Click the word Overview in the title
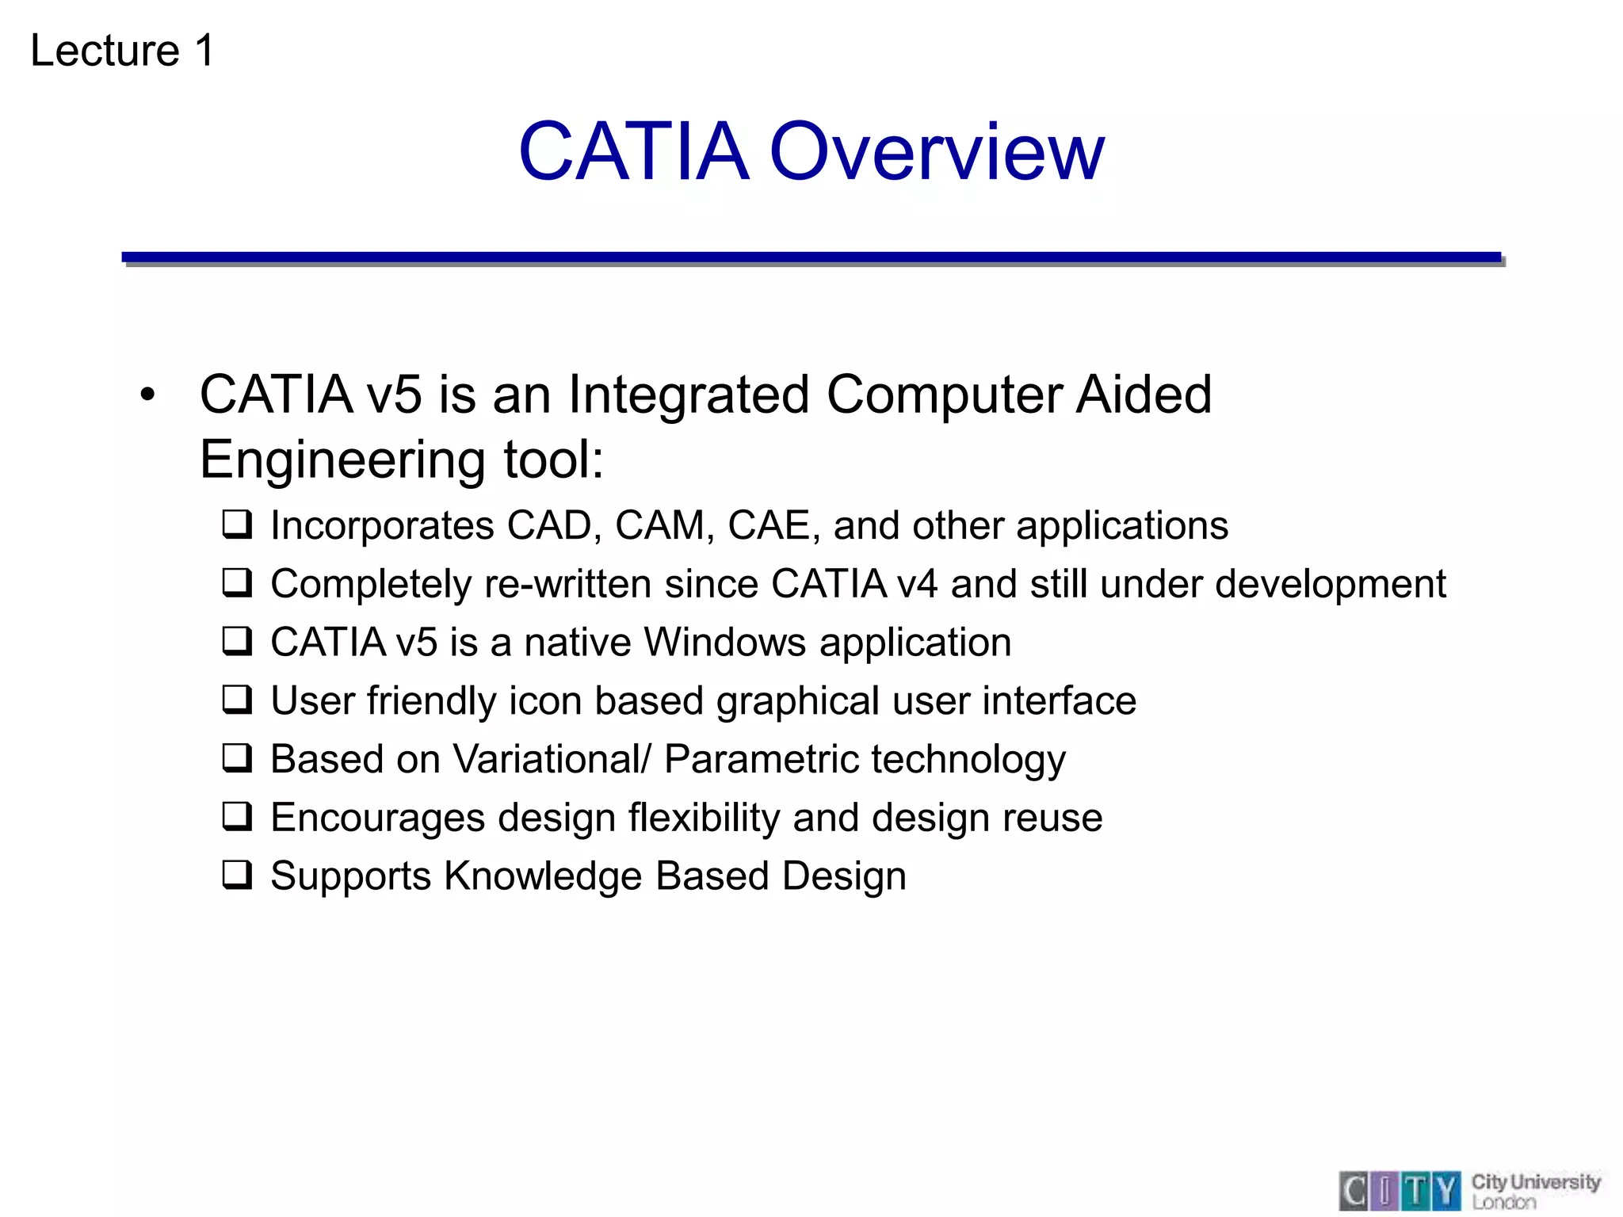click(936, 151)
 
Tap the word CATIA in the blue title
click(633, 151)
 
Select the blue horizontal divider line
click(811, 258)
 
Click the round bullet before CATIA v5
click(147, 395)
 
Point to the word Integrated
click(689, 395)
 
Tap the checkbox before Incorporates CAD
click(237, 525)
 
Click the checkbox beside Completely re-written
click(237, 584)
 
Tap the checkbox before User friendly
click(237, 700)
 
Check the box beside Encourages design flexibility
click(237, 817)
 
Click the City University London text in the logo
click(1534, 1191)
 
